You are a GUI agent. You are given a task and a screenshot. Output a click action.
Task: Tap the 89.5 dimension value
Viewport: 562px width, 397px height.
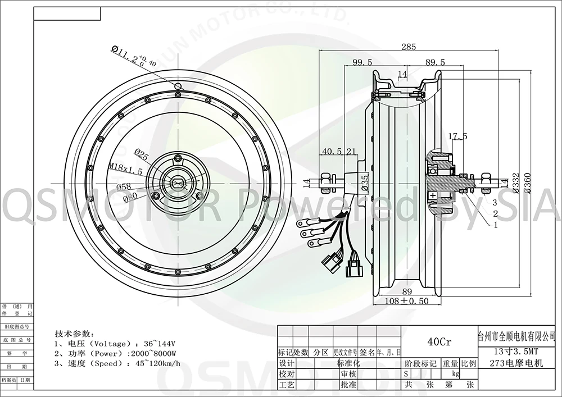434,62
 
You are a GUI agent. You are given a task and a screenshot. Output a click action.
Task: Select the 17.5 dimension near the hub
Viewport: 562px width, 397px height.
459,136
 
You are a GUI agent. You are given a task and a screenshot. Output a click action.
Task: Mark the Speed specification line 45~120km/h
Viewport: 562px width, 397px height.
117,363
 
